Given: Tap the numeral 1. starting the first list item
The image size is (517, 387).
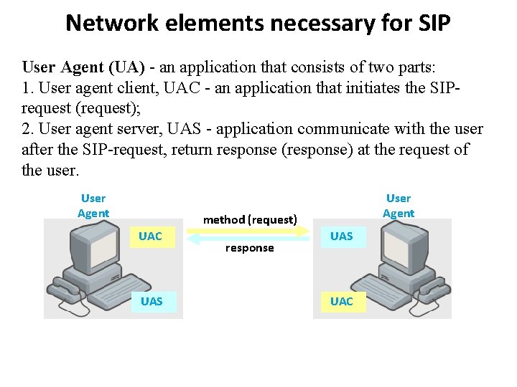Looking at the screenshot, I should [x=28, y=88].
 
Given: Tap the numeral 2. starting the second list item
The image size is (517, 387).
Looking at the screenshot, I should [x=29, y=129].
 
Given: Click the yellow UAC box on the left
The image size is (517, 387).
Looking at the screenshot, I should [x=151, y=236].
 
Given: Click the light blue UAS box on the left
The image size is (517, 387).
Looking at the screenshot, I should [x=152, y=302].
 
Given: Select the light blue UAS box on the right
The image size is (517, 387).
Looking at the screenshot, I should [x=341, y=236].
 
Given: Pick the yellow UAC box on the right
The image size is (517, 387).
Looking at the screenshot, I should [x=341, y=301].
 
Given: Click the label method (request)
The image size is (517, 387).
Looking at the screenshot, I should [x=250, y=219].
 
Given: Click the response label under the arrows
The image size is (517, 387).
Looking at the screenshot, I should [x=249, y=248].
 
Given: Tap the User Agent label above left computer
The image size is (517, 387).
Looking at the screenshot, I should [x=93, y=206].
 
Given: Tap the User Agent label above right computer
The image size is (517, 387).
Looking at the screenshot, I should [x=399, y=206].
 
